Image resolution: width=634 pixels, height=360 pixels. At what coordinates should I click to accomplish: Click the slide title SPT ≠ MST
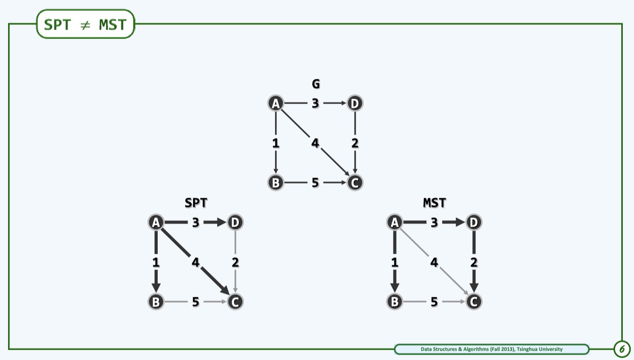click(x=85, y=24)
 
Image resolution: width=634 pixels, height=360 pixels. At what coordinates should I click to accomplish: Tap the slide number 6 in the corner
click(x=621, y=349)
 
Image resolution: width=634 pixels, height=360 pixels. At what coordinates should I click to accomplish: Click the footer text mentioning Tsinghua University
click(x=492, y=349)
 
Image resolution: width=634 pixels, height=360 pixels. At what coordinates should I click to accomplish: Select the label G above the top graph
click(x=316, y=83)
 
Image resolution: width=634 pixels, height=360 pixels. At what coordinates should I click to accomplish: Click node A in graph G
click(x=276, y=104)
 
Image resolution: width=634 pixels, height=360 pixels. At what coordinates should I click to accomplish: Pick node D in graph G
click(x=355, y=104)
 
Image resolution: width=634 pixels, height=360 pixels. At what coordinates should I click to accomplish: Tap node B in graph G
click(x=276, y=183)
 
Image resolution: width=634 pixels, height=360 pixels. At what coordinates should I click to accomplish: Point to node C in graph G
click(x=355, y=183)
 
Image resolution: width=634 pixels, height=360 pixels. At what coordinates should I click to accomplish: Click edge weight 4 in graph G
click(x=315, y=143)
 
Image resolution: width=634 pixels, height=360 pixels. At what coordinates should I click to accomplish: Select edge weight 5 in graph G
click(x=315, y=183)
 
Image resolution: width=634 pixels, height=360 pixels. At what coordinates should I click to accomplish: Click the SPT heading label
click(x=196, y=203)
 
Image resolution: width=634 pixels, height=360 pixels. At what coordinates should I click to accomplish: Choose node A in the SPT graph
click(x=156, y=222)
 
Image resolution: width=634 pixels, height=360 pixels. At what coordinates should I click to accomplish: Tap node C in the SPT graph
click(x=235, y=302)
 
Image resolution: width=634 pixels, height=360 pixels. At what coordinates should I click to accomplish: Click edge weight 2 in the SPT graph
click(x=235, y=262)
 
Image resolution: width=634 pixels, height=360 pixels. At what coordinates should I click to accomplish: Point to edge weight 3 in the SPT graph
click(x=196, y=222)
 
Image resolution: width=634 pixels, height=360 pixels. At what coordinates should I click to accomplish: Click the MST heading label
click(x=435, y=203)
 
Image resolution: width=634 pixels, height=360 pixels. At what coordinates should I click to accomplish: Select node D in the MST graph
click(x=474, y=222)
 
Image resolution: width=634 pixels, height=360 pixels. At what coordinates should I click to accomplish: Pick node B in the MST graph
click(x=394, y=302)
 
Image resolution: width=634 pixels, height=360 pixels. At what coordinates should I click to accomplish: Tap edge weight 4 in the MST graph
click(x=434, y=262)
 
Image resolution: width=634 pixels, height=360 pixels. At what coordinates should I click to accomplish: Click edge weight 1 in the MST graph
click(x=394, y=262)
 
